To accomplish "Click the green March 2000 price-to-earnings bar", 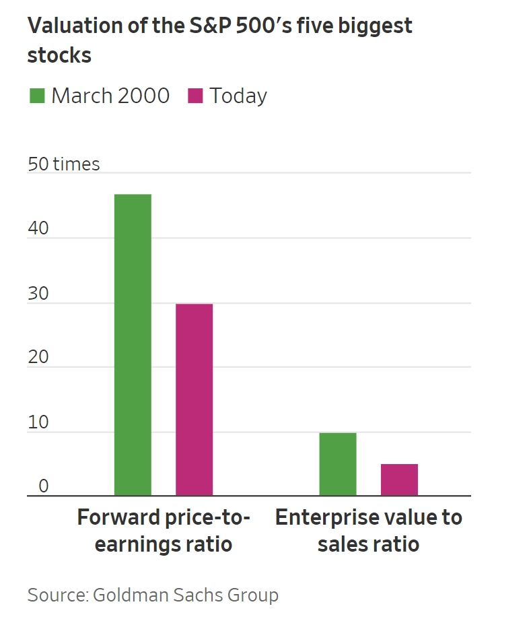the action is click(x=133, y=345).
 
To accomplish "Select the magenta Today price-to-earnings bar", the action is click(x=194, y=399).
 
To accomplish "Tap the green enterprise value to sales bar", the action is click(x=338, y=464).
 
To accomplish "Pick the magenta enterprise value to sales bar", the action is click(x=399, y=480).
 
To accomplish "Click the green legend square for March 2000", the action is click(x=37, y=96).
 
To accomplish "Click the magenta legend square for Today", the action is click(x=195, y=96).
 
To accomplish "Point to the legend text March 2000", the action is click(x=110, y=96).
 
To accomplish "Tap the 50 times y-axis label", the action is click(x=63, y=164).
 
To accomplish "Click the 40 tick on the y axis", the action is click(x=38, y=228).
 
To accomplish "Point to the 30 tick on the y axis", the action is click(x=38, y=294).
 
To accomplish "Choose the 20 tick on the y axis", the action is click(x=38, y=357).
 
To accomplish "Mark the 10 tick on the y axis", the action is click(x=38, y=422).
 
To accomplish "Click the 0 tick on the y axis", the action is click(x=43, y=486).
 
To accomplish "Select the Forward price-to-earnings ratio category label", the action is click(x=164, y=531).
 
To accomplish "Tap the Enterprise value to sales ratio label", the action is click(x=368, y=531).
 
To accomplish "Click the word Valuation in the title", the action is click(x=75, y=26).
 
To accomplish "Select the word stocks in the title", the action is click(x=59, y=55).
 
